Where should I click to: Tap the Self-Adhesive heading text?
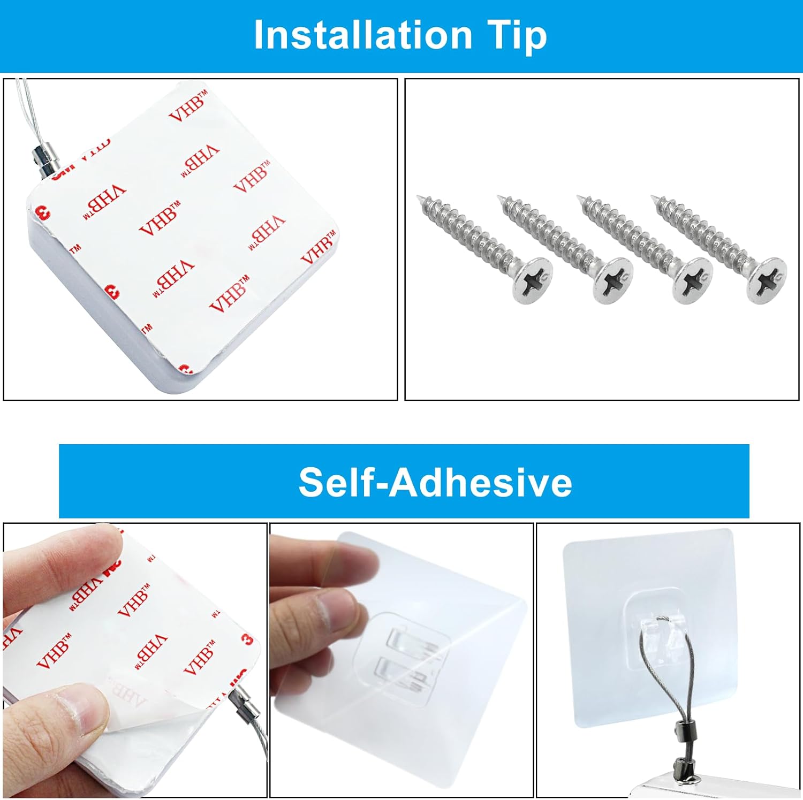435,482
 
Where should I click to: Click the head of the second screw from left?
613,280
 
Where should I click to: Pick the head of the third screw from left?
693,280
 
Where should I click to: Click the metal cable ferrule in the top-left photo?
42,160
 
